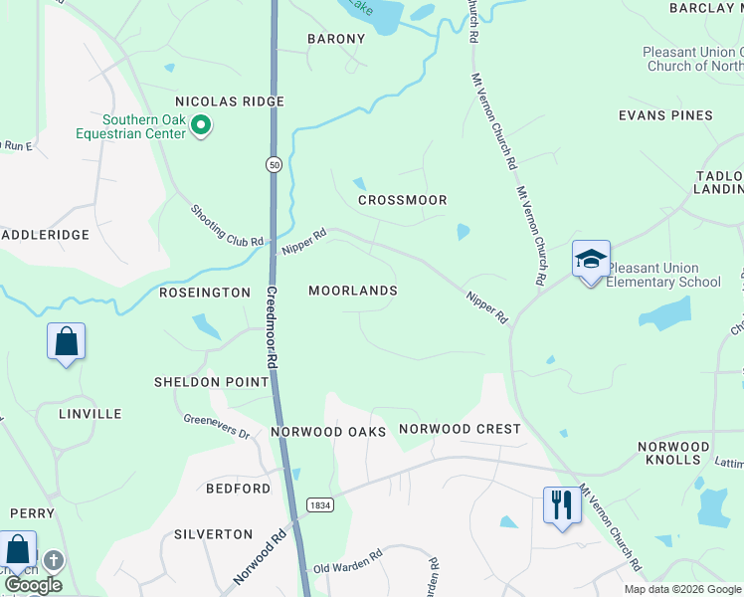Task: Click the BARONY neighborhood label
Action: (x=335, y=39)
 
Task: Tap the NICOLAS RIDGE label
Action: (x=230, y=101)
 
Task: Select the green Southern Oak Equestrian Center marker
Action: (x=201, y=125)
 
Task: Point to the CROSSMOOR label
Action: (x=402, y=200)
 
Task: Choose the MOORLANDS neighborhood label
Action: (x=352, y=291)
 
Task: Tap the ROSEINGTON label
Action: (x=205, y=293)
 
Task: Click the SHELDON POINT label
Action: (x=211, y=382)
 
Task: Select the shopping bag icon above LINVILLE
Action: (x=66, y=342)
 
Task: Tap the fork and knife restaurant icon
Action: (x=561, y=505)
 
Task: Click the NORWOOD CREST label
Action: (x=460, y=429)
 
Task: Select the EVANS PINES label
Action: (x=665, y=115)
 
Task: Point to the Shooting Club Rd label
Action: (x=228, y=227)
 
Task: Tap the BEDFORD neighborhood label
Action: (x=238, y=489)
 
